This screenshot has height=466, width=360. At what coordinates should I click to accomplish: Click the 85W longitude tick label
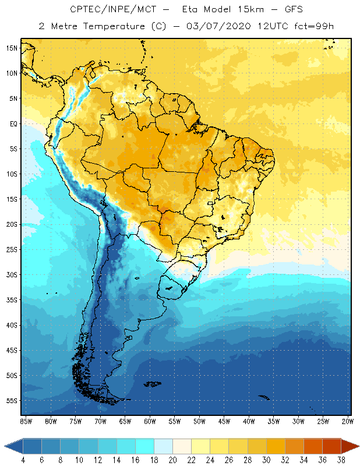(26, 421)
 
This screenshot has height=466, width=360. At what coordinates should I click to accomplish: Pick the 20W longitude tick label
(347, 421)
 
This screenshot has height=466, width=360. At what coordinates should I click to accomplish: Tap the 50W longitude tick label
(199, 421)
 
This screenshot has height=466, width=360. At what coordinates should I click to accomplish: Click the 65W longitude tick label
(125, 421)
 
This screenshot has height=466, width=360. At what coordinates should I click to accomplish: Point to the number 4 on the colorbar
(23, 460)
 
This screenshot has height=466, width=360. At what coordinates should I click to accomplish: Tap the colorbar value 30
(267, 460)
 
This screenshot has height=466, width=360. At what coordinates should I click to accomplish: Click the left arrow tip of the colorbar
(5, 446)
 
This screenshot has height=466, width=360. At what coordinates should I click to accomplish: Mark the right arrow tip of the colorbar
(359, 446)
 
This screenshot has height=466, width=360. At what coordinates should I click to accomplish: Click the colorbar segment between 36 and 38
(333, 446)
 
